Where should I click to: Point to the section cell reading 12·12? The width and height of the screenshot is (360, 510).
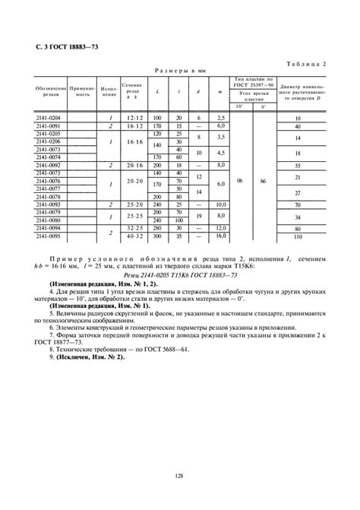pos(135,119)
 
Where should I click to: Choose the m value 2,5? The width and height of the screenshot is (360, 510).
pos(221,119)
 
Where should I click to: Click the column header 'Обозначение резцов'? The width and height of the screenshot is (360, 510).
pos(50,92)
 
